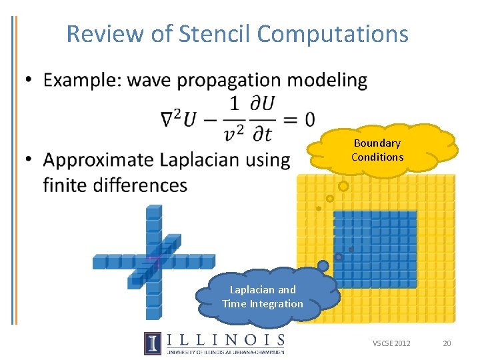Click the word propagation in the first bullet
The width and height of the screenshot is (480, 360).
tap(221, 81)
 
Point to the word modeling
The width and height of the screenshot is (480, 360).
tap(329, 81)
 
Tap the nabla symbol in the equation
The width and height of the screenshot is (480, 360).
tap(169, 120)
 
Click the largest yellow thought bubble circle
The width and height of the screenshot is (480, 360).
tap(343, 187)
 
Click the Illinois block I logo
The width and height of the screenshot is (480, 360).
tap(152, 343)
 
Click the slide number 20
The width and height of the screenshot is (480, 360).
tap(447, 343)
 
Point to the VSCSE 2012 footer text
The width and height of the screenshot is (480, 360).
tap(391, 343)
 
